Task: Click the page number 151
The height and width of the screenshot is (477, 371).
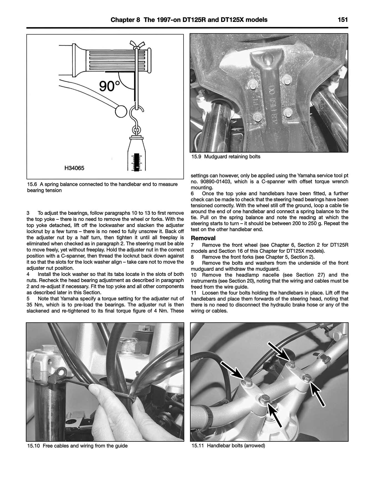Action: (343, 20)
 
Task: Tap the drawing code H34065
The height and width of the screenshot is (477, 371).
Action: (74, 168)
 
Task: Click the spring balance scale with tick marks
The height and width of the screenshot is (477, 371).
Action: (136, 161)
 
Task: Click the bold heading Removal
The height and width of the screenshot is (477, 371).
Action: (203, 238)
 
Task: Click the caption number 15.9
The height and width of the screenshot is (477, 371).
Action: (196, 157)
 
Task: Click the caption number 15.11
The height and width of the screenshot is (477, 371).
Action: (197, 446)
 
